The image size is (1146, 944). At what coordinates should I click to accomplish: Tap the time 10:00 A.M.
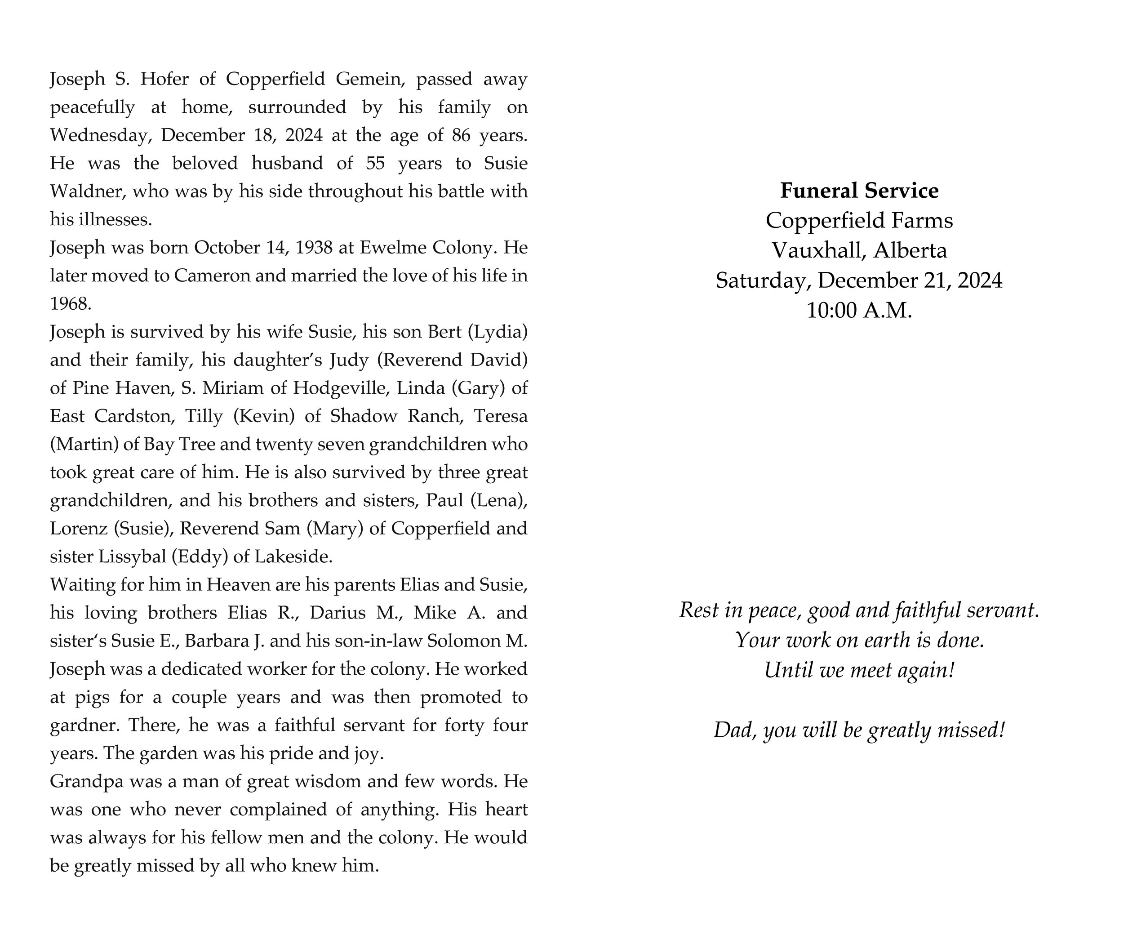859,311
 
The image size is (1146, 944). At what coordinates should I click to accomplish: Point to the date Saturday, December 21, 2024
859,281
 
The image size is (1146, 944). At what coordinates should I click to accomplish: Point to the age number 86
461,135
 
